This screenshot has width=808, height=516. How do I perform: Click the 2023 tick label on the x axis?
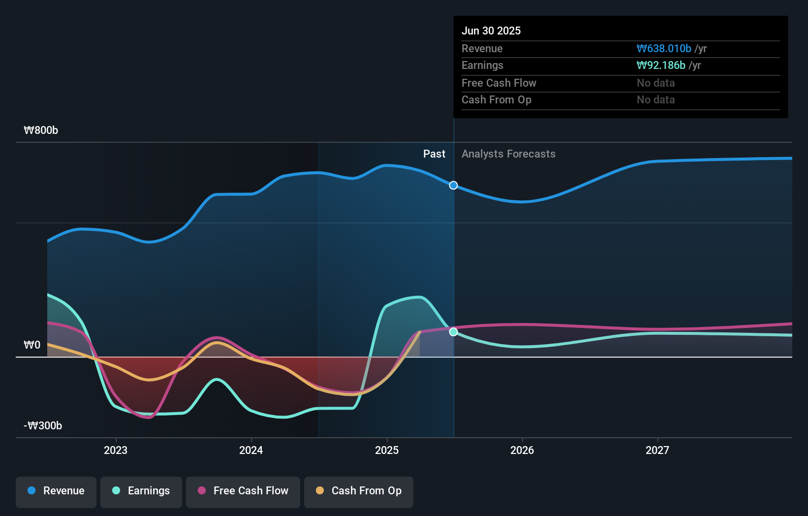tap(116, 450)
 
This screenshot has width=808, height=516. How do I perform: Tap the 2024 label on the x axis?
tap(251, 450)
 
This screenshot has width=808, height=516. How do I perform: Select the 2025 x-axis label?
tap(387, 450)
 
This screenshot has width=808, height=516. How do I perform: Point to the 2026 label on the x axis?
tap(522, 450)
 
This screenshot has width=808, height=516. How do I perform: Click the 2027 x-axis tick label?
tap(657, 450)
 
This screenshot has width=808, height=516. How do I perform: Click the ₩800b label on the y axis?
tap(41, 130)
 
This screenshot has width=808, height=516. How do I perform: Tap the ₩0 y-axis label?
tap(32, 345)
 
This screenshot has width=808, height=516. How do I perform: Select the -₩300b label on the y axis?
tap(43, 425)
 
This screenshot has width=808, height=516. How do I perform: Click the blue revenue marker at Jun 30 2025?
tap(454, 185)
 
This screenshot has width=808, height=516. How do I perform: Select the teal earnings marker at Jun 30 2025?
tap(454, 332)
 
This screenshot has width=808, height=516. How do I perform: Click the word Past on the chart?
tap(434, 154)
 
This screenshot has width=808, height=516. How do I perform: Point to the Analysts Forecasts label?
tap(508, 154)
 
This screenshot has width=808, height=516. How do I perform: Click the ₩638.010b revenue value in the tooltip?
tap(664, 48)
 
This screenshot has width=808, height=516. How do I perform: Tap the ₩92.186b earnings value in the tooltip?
tap(661, 65)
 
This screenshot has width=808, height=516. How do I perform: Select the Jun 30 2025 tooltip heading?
tap(491, 31)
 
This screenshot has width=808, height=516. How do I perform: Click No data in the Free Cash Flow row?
tap(655, 83)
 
